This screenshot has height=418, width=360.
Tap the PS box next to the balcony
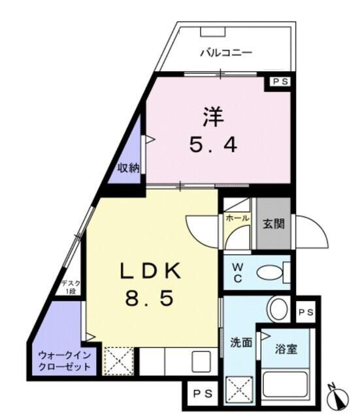(x=280, y=82)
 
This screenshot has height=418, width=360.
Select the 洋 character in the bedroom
(x=212, y=118)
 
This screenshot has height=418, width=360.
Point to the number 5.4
(x=213, y=144)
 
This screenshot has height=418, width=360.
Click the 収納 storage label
(x=129, y=167)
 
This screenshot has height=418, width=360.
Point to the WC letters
(x=238, y=272)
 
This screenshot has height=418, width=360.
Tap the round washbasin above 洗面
(x=278, y=308)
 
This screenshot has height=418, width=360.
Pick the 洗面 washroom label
(x=240, y=342)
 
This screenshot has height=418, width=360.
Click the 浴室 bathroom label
(x=287, y=348)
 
